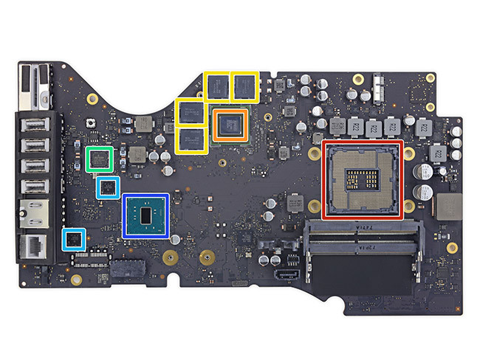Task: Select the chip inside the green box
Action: click(99, 159)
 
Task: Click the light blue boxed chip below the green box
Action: click(109, 187)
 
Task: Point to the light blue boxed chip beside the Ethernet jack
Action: click(72, 239)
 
